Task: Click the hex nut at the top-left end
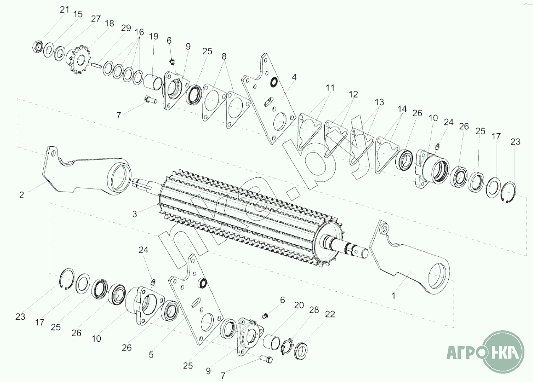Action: [37, 46]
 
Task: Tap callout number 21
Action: [64, 10]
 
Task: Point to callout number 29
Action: [126, 28]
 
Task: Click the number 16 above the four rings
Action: [139, 32]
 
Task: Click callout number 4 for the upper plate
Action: [294, 77]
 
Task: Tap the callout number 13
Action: [379, 102]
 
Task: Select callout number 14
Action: [402, 109]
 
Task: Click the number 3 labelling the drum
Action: [134, 214]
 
